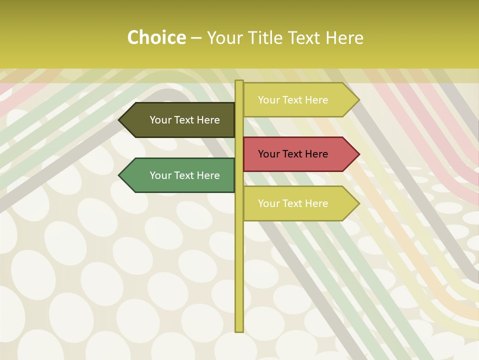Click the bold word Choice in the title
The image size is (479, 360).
(156, 38)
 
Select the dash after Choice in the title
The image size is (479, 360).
(196, 38)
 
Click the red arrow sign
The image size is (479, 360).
(299, 154)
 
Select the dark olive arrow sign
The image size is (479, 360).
(180, 120)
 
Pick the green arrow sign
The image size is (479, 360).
(180, 175)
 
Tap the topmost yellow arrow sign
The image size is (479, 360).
(299, 100)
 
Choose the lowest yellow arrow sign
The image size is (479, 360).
(299, 203)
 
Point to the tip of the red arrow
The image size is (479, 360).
(358, 154)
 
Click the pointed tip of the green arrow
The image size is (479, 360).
(120, 175)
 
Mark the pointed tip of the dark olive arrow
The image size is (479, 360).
(120, 120)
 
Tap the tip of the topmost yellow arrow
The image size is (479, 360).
(358, 100)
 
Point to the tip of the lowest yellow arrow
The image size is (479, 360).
(358, 203)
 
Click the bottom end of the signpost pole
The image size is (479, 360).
(239, 330)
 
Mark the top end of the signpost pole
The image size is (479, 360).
(239, 81)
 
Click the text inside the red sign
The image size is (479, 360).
(293, 154)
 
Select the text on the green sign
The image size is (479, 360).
(185, 175)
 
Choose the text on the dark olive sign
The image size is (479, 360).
(185, 120)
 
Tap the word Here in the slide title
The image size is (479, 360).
(345, 38)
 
